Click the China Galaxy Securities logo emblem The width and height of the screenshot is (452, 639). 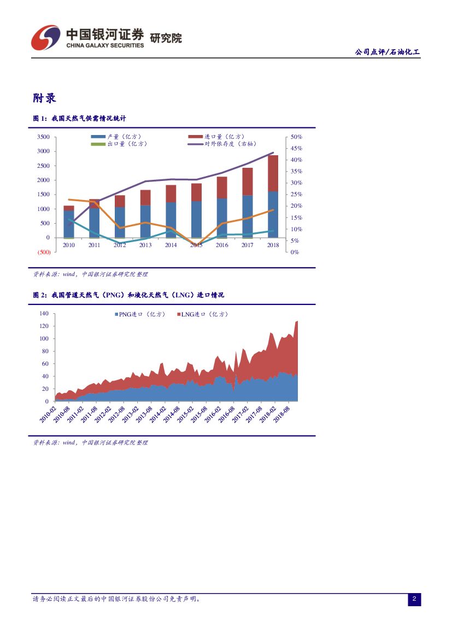click(x=45, y=37)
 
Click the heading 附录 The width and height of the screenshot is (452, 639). click(x=45, y=98)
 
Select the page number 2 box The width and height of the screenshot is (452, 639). click(x=414, y=600)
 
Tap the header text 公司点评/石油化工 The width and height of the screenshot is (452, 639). click(x=387, y=52)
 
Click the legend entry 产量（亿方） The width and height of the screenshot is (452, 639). click(x=120, y=137)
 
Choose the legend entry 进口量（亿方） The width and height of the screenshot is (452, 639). click(x=216, y=137)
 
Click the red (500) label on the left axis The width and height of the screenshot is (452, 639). click(x=43, y=252)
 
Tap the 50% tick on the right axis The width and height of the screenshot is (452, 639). click(x=296, y=137)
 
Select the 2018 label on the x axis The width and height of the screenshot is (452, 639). click(x=273, y=245)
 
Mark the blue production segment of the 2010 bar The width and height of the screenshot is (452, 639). click(x=69, y=224)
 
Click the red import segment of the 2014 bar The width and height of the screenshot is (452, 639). click(x=171, y=194)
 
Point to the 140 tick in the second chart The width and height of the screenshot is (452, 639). click(x=44, y=313)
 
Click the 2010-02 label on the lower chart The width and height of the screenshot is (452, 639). click(x=48, y=413)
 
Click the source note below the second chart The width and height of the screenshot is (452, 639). click(x=91, y=443)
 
